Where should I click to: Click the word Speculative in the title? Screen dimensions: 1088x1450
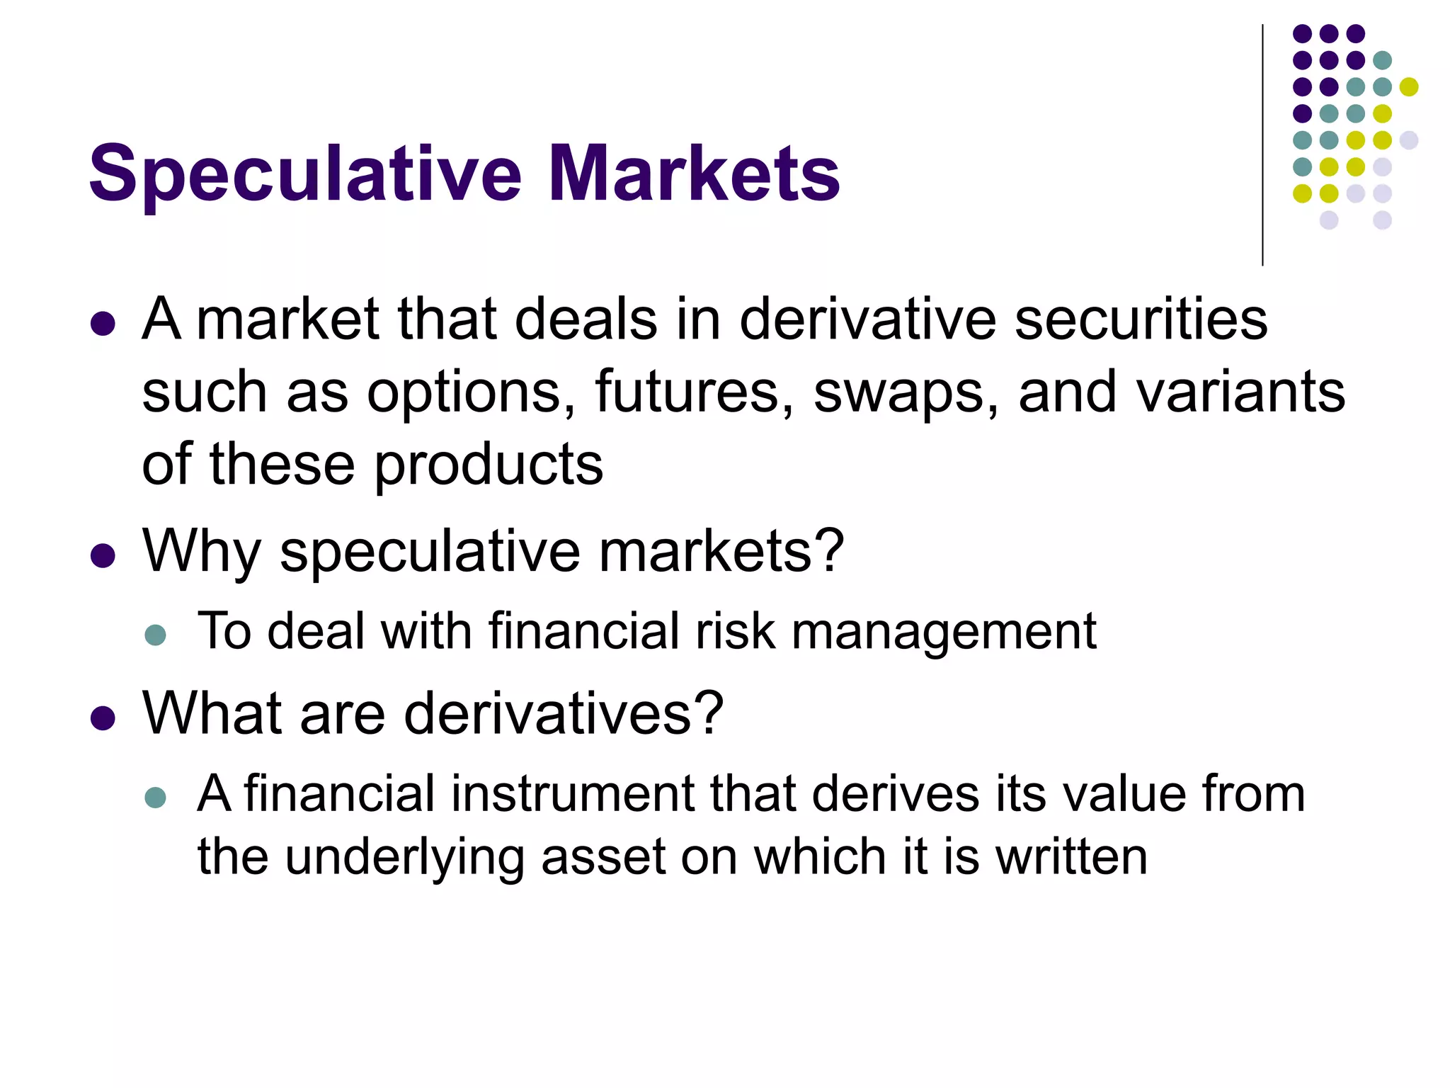(305, 174)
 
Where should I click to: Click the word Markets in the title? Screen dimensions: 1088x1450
(694, 173)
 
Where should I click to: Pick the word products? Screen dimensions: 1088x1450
(489, 466)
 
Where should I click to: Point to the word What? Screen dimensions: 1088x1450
(212, 713)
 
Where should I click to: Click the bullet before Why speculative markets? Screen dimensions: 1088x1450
(103, 555)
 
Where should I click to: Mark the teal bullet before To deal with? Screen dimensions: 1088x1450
(155, 634)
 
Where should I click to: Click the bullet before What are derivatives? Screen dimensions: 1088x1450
(103, 718)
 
